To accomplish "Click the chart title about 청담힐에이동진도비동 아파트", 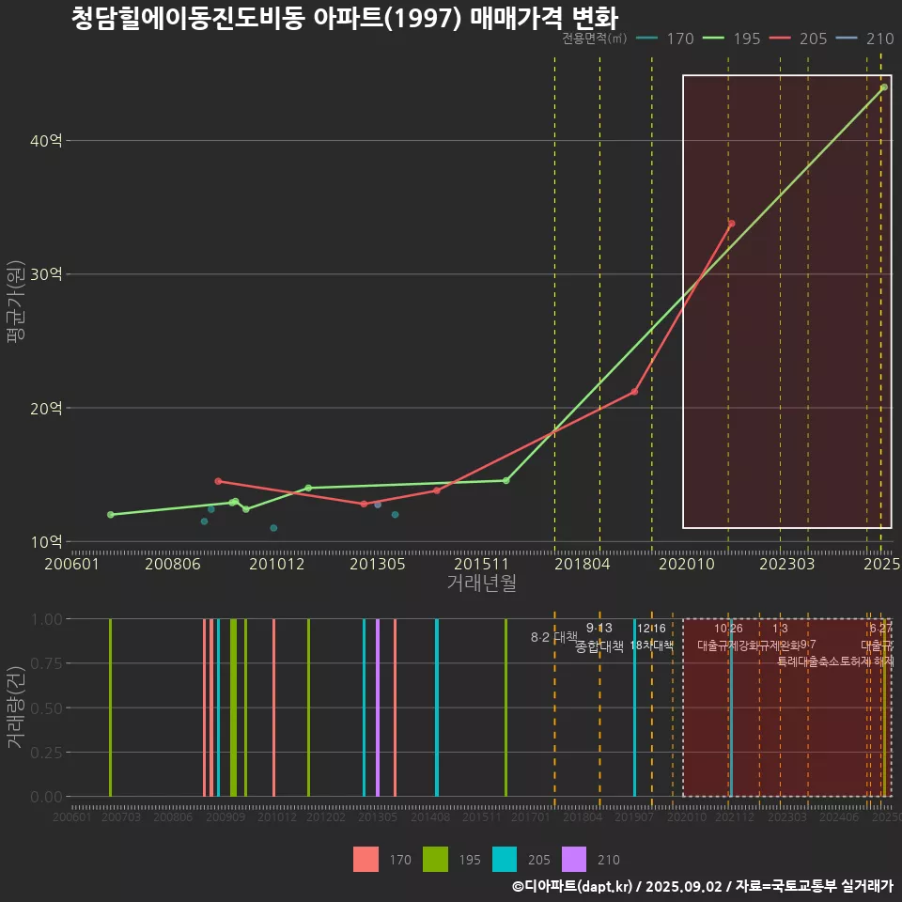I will click(x=345, y=18).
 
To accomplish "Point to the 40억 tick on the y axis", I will click(x=47, y=141).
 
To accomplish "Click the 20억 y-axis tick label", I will click(x=47, y=408).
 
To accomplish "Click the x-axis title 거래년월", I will click(x=481, y=583).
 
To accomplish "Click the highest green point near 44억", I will click(x=884, y=87).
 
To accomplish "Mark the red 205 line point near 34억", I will click(x=731, y=224).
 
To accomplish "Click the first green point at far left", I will click(x=111, y=515).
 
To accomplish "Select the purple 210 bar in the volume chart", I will click(x=378, y=708).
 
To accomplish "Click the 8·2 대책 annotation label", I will click(x=554, y=637).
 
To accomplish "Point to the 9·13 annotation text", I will click(x=599, y=628).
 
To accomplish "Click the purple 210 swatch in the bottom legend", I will click(x=573, y=860).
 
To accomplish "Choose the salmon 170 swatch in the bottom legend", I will click(x=366, y=860).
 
